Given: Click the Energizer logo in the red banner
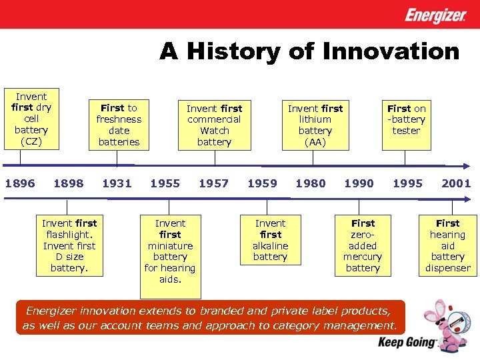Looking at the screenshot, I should (435, 15).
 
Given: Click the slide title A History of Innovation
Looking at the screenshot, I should (309, 51).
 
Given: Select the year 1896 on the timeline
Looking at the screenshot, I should (20, 183).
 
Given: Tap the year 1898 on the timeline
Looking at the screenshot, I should (69, 183).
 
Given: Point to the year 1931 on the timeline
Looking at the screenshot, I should (117, 183).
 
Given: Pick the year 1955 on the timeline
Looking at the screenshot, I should (165, 183).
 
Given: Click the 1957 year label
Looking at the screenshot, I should (213, 183).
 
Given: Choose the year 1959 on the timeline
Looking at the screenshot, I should (262, 183).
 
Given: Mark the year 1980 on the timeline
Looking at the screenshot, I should (311, 183).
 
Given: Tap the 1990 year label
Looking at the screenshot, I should (359, 183).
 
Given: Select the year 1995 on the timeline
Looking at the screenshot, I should (407, 183).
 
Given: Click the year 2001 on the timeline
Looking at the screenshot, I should (456, 183).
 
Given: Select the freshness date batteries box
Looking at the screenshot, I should (119, 124).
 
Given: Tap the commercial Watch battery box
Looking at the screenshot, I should (215, 124).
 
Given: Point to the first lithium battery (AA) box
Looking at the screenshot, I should (315, 124).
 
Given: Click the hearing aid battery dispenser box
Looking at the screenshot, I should (447, 246).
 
